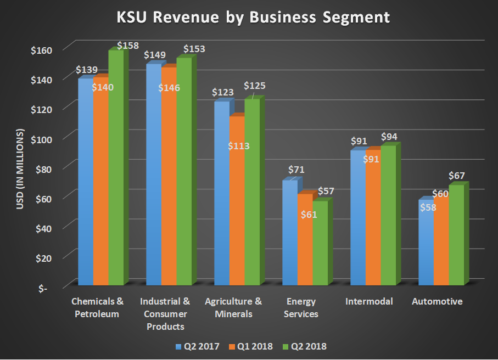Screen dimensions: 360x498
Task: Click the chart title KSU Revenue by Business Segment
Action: coord(253,18)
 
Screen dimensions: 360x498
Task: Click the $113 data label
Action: coord(238,146)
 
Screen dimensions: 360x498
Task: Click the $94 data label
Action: coord(390,137)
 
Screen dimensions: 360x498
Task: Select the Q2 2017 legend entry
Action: coord(197,346)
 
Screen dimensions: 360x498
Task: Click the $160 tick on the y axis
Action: coord(40,50)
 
